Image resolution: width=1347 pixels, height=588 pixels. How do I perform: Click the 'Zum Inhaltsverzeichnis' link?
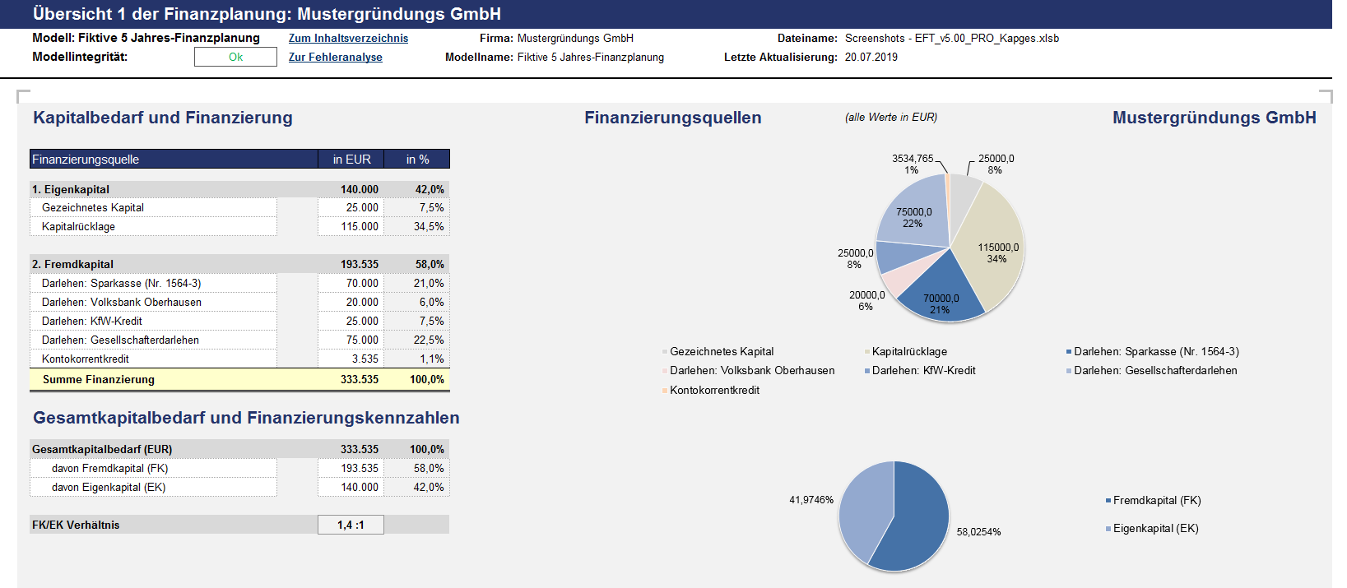click(x=348, y=39)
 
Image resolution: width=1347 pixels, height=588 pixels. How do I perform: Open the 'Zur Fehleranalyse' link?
click(x=336, y=58)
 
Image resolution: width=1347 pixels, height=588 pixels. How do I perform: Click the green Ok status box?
click(x=235, y=57)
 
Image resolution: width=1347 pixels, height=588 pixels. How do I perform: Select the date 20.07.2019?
click(x=871, y=58)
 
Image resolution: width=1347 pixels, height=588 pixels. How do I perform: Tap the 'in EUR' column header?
click(x=352, y=160)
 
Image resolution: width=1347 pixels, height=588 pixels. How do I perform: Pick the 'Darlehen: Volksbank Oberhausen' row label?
click(x=122, y=303)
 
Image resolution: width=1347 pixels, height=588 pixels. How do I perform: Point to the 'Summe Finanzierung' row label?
click(x=99, y=380)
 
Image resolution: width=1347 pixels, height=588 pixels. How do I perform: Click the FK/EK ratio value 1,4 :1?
click(x=351, y=525)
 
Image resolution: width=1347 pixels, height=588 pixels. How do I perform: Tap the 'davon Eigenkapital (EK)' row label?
click(x=109, y=488)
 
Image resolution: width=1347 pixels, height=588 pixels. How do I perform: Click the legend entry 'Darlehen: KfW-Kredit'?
click(x=920, y=371)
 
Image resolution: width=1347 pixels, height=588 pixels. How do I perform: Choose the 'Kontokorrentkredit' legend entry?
click(x=711, y=390)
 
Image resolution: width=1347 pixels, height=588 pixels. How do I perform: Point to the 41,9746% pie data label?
click(x=811, y=500)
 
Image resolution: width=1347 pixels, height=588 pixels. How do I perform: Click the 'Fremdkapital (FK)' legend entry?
click(x=1153, y=501)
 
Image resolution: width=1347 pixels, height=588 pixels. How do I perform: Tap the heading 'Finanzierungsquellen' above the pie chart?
click(x=673, y=118)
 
